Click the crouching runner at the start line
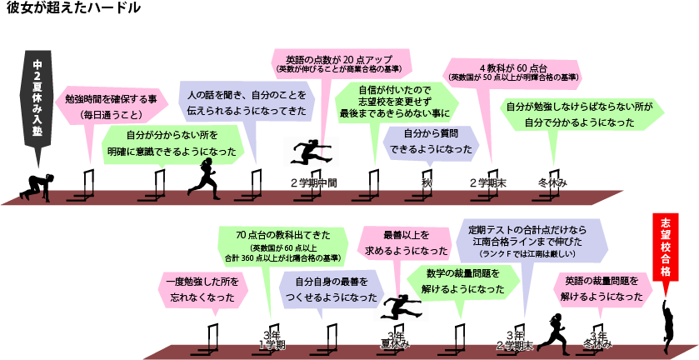pos(36,188)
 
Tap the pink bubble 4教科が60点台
pos(512,72)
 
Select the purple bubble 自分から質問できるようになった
pos(431,141)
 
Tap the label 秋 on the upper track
pos(427,182)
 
